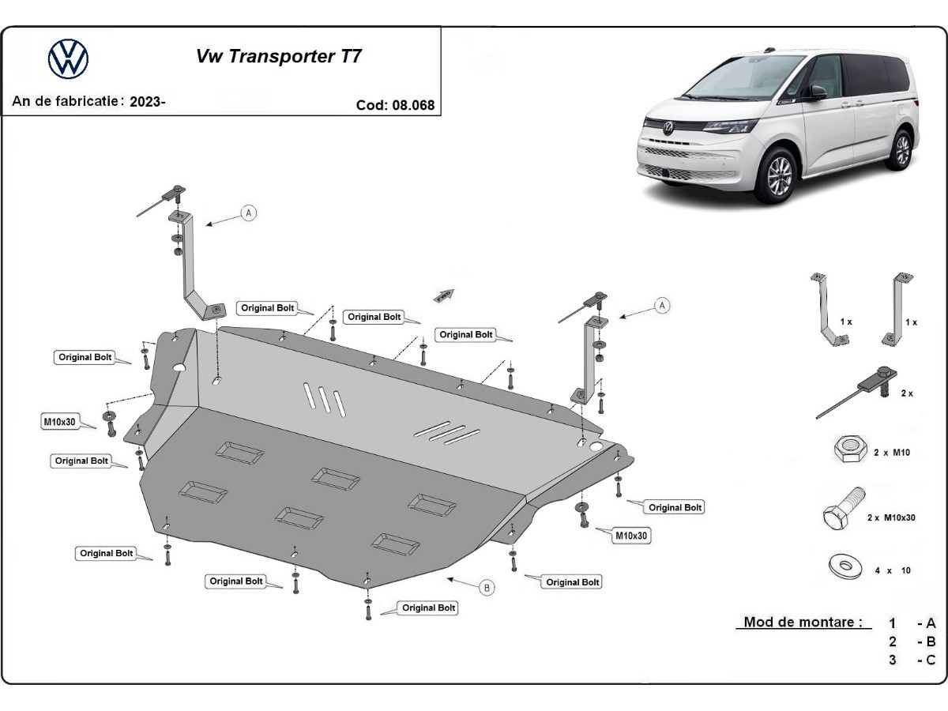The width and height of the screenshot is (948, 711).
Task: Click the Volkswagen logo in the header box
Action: pyautogui.click(x=69, y=59)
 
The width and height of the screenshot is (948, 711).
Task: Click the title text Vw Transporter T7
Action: pyautogui.click(x=279, y=57)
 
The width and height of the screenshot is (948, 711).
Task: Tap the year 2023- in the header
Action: pyautogui.click(x=148, y=101)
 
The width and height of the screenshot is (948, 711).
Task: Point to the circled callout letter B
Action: pyautogui.click(x=487, y=587)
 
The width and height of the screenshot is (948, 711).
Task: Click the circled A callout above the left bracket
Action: pyautogui.click(x=249, y=213)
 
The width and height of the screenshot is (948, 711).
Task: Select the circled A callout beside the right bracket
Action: pyautogui.click(x=662, y=305)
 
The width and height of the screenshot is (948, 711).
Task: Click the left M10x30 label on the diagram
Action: pyautogui.click(x=59, y=422)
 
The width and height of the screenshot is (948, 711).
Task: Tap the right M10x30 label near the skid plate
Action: pyautogui.click(x=632, y=536)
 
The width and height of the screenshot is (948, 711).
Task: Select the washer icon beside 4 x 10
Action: pyautogui.click(x=845, y=566)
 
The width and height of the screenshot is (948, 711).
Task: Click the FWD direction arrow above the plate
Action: pyautogui.click(x=445, y=295)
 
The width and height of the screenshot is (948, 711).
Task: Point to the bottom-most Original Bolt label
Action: pyautogui.click(x=429, y=608)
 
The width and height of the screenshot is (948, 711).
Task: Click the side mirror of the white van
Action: pyautogui.click(x=817, y=92)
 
